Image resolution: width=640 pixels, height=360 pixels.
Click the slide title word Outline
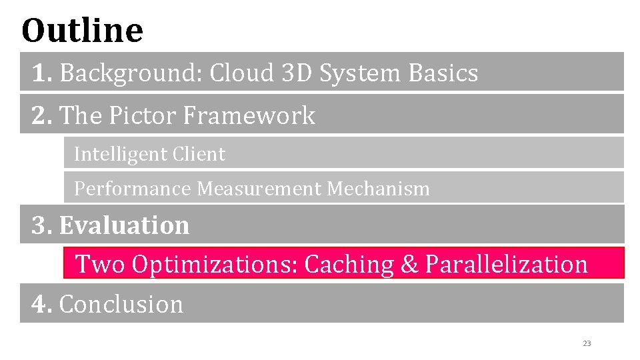(x=82, y=30)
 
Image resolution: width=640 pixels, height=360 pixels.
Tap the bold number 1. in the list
(x=42, y=73)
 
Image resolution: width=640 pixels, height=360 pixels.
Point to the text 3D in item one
(x=297, y=73)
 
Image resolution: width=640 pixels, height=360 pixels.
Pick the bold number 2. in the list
(x=43, y=115)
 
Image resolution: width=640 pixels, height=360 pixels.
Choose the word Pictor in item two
(x=139, y=115)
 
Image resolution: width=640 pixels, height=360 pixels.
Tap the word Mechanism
(x=378, y=189)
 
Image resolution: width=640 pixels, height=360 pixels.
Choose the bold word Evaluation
(x=124, y=225)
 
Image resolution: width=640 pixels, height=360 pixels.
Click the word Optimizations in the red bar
(x=215, y=264)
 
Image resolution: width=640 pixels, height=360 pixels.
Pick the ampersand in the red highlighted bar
(x=409, y=265)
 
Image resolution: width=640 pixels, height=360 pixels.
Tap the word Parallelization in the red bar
(x=506, y=265)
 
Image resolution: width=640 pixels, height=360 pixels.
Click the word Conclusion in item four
(x=121, y=304)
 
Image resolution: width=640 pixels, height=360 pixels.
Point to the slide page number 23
(x=587, y=343)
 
